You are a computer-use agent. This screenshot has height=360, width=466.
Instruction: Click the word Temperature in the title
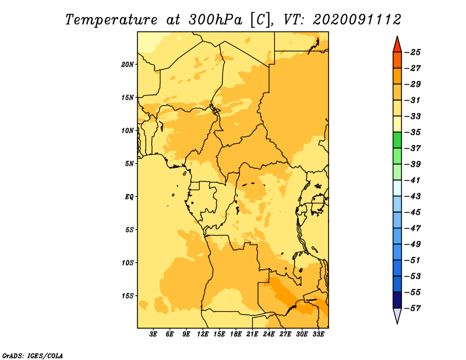click(x=111, y=20)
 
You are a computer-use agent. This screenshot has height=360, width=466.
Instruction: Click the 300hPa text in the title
click(x=215, y=19)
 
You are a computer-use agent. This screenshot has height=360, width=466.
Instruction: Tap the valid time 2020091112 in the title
click(x=357, y=19)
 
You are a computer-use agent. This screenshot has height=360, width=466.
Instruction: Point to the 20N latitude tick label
click(x=128, y=64)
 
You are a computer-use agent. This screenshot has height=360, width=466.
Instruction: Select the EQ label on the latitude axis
click(x=129, y=197)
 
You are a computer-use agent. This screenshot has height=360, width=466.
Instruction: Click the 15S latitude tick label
click(x=128, y=296)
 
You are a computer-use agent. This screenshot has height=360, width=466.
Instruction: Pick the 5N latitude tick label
click(x=129, y=164)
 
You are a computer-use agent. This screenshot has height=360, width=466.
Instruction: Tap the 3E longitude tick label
click(x=153, y=334)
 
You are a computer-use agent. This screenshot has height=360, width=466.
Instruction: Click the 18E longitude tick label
click(x=236, y=334)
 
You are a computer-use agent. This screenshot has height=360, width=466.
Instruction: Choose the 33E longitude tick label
click(x=318, y=334)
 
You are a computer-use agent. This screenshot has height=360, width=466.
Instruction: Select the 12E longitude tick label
click(x=203, y=334)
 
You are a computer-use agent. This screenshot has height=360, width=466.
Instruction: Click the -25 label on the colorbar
click(x=412, y=52)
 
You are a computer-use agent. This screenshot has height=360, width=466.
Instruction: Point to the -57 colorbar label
click(x=412, y=308)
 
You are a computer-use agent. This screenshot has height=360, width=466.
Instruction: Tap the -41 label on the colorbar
click(x=412, y=180)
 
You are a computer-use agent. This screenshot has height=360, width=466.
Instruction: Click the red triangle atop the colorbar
click(x=397, y=45)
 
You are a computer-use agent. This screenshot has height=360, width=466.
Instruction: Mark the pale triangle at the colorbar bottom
click(x=397, y=315)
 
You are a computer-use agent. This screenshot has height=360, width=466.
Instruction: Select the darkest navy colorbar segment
click(x=397, y=300)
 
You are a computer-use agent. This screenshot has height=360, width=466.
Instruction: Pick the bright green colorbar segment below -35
click(x=397, y=140)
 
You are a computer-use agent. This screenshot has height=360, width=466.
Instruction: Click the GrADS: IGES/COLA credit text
click(x=33, y=355)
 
